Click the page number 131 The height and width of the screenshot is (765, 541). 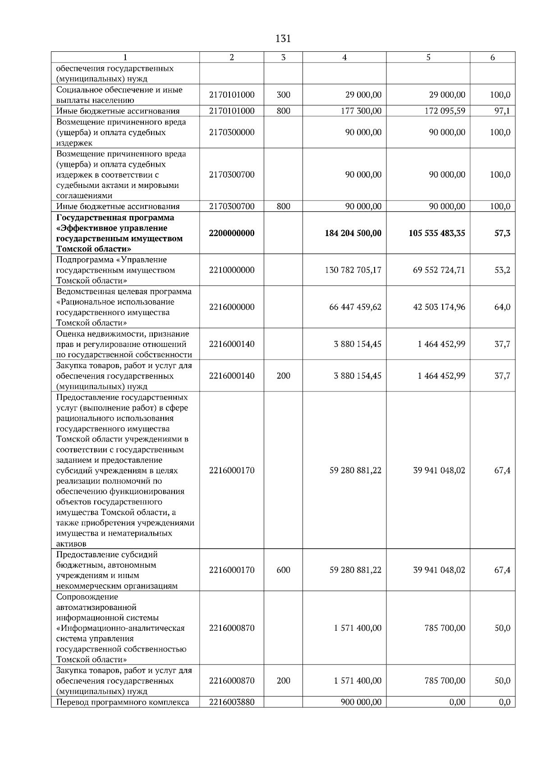[283, 39]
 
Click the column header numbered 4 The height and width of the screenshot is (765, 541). [344, 57]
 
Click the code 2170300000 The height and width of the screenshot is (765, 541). [232, 132]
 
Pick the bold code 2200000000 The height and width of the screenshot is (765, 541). [232, 233]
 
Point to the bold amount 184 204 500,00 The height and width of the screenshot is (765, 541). [353, 233]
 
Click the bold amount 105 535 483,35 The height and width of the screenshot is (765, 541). [437, 233]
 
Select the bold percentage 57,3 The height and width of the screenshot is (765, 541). [502, 233]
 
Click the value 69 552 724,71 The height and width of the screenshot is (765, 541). [439, 270]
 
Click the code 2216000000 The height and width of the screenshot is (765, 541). [232, 307]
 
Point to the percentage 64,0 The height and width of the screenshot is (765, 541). [502, 307]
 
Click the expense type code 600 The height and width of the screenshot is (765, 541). [283, 570]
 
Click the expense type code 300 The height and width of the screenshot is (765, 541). [283, 95]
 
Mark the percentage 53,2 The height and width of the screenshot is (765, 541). [502, 270]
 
